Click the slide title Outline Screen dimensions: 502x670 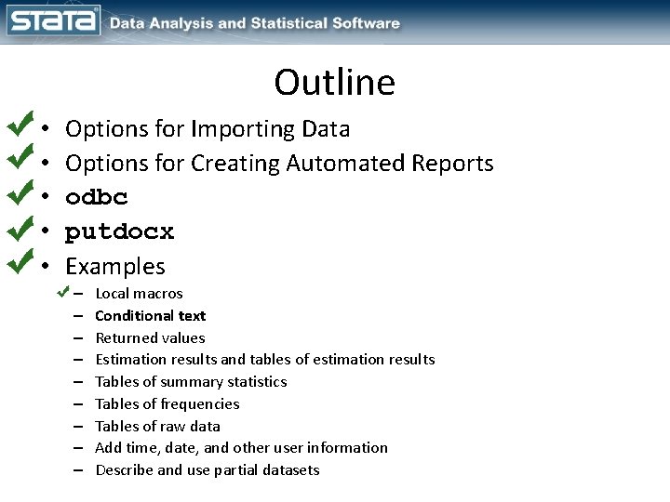click(334, 83)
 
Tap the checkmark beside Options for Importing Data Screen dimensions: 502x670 click(19, 125)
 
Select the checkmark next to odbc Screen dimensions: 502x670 click(19, 194)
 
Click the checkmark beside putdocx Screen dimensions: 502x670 click(19, 229)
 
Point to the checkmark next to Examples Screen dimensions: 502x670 click(19, 263)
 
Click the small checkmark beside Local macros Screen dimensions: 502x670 click(62, 292)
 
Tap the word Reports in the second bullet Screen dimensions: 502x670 click(452, 163)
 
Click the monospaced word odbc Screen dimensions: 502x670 click(97, 197)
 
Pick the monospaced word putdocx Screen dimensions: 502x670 click(119, 231)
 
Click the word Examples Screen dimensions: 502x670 click(114, 267)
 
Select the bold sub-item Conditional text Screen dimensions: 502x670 click(150, 315)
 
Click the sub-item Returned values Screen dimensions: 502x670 click(150, 337)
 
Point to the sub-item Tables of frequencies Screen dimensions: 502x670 click(167, 403)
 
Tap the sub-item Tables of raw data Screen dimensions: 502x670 click(157, 426)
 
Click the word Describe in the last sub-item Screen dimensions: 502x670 click(124, 469)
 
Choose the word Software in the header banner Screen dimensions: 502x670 click(363, 23)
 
